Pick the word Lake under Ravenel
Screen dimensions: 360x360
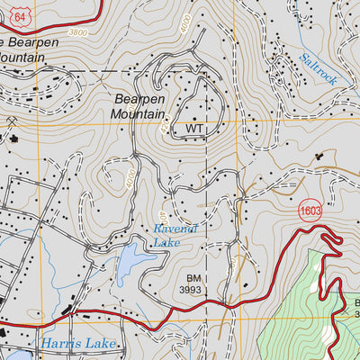tap(166, 243)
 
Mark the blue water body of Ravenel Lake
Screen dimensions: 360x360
tap(132, 263)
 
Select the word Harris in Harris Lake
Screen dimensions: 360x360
tap(58, 343)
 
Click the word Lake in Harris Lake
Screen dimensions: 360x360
tap(99, 343)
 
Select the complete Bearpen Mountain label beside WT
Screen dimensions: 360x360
tap(139, 107)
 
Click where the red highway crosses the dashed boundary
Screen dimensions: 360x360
tap(207, 309)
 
